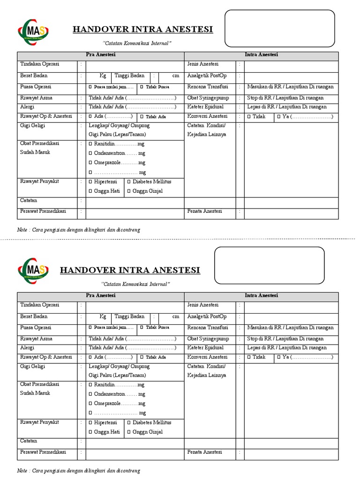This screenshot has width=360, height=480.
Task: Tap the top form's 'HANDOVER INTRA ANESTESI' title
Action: pyautogui.click(x=142, y=30)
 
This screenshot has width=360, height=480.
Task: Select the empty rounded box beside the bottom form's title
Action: pyautogui.click(x=269, y=265)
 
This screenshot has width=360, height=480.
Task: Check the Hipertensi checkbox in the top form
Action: pyautogui.click(x=90, y=182)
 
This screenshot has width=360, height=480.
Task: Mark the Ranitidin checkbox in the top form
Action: pyautogui.click(x=90, y=144)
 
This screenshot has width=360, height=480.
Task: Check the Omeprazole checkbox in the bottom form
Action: pyautogui.click(x=90, y=404)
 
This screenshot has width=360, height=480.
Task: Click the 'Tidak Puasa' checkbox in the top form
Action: pyautogui.click(x=142, y=87)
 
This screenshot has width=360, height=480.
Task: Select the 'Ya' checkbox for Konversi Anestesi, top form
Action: pyautogui.click(x=279, y=117)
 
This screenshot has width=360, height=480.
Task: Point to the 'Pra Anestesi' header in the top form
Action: pyautogui.click(x=101, y=55)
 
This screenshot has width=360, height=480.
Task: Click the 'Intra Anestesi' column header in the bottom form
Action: pyautogui.click(x=261, y=296)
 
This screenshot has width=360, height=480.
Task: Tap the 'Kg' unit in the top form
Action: pyautogui.click(x=103, y=75)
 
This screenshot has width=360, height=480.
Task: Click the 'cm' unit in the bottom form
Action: pyautogui.click(x=175, y=317)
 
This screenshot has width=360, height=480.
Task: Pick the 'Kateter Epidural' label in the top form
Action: pyautogui.click(x=205, y=107)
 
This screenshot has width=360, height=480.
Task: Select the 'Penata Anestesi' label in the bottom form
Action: pyautogui.click(x=204, y=452)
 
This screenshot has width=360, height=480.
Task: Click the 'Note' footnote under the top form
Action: pyautogui.click(x=22, y=230)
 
